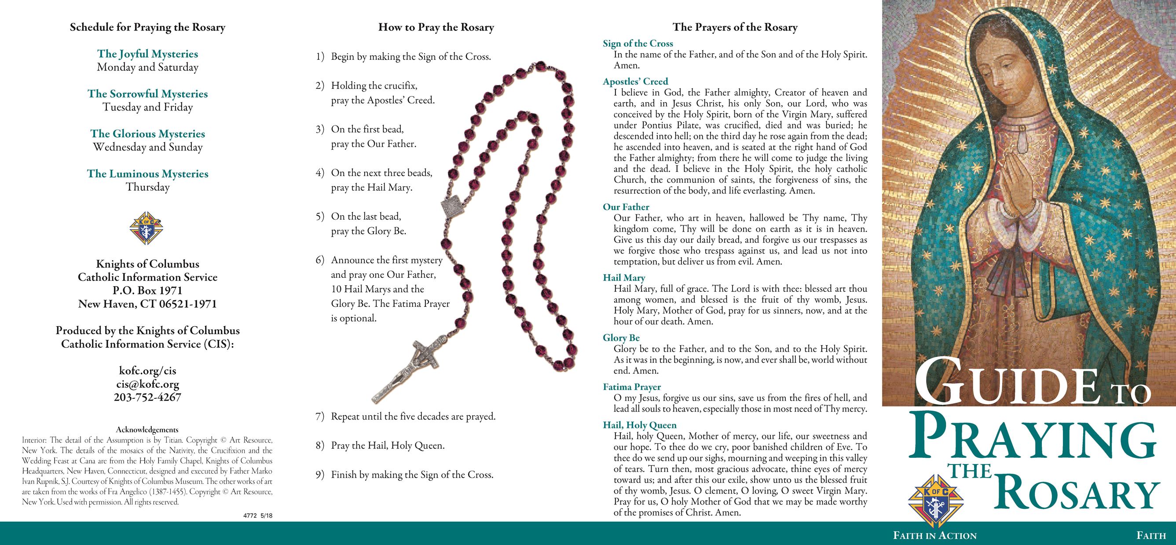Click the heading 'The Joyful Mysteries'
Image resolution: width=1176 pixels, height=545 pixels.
pyautogui.click(x=147, y=54)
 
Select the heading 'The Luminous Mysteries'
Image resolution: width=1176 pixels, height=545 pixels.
pyautogui.click(x=147, y=173)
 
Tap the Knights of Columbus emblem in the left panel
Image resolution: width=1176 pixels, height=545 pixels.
pyautogui.click(x=147, y=228)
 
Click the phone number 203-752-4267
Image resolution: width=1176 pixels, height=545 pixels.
pyautogui.click(x=147, y=398)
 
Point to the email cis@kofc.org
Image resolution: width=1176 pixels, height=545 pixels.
pyautogui.click(x=147, y=384)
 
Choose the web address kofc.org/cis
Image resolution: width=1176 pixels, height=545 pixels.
pyautogui.click(x=147, y=371)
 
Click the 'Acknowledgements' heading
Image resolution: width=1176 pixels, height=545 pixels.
pyautogui.click(x=147, y=430)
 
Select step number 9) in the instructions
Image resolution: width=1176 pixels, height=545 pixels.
pyautogui.click(x=320, y=475)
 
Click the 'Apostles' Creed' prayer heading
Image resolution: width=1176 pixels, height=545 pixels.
pyautogui.click(x=635, y=82)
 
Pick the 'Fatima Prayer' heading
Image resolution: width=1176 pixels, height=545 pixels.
pyautogui.click(x=632, y=387)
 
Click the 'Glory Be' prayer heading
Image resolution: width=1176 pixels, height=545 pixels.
pyautogui.click(x=621, y=338)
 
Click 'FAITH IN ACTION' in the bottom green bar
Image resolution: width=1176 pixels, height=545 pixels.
pyautogui.click(x=934, y=536)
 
